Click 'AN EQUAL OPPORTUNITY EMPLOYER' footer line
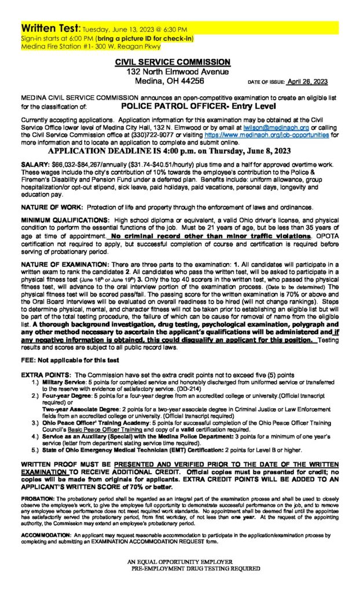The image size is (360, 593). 181,562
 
